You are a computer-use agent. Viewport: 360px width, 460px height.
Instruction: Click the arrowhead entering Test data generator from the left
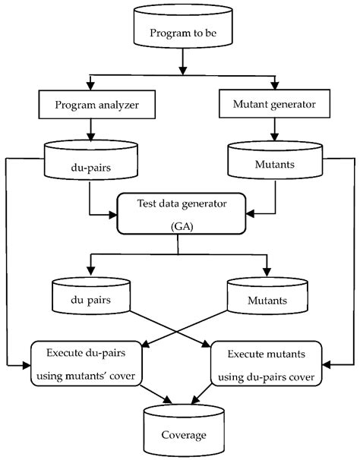(112, 212)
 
